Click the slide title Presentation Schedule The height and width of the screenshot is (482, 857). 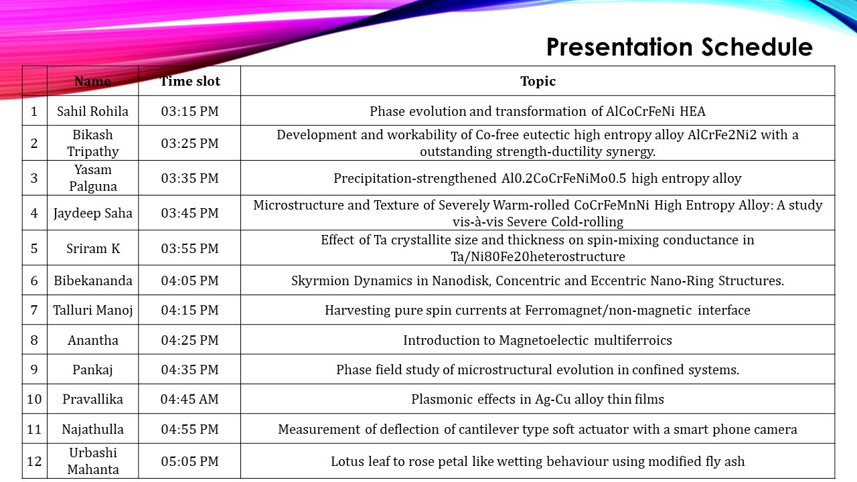(x=679, y=48)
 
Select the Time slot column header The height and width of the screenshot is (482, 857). (x=189, y=81)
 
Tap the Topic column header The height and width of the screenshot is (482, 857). (x=538, y=81)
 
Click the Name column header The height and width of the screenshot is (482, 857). (x=92, y=81)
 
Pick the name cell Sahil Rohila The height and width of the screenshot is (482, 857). (x=92, y=111)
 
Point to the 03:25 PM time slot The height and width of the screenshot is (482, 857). (x=189, y=143)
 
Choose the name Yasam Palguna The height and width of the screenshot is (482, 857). (x=93, y=178)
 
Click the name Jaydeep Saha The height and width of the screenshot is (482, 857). (x=93, y=213)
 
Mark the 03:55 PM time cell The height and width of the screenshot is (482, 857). (x=189, y=248)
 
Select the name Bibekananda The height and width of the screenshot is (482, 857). (x=93, y=280)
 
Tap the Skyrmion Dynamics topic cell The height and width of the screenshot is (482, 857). (x=538, y=280)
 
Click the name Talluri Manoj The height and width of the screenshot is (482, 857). (x=93, y=310)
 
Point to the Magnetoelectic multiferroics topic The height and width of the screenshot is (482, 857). (x=538, y=340)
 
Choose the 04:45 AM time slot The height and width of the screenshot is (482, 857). (x=189, y=399)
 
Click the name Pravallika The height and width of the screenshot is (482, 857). (x=93, y=399)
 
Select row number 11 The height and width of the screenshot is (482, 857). (x=34, y=429)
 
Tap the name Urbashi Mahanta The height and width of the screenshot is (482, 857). (x=93, y=461)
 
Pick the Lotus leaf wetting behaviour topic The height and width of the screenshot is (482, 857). (x=538, y=461)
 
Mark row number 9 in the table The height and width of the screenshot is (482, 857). (x=34, y=370)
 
